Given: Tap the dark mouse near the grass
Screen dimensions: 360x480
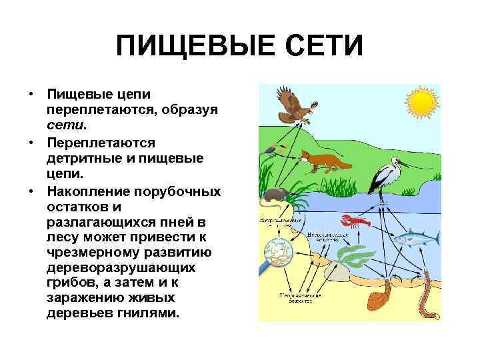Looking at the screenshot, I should coord(275,195).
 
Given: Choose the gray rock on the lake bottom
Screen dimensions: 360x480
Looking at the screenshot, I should coord(337,273).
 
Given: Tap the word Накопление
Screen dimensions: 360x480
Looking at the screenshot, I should coord(86,192).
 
